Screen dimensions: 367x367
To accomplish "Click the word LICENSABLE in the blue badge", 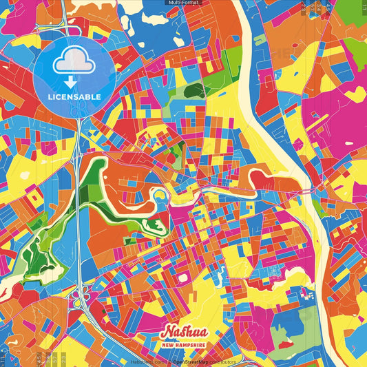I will click(x=74, y=97).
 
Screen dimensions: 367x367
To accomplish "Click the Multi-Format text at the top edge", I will click(x=183, y=3).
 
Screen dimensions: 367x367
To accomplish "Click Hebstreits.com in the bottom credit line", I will click(x=147, y=361).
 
